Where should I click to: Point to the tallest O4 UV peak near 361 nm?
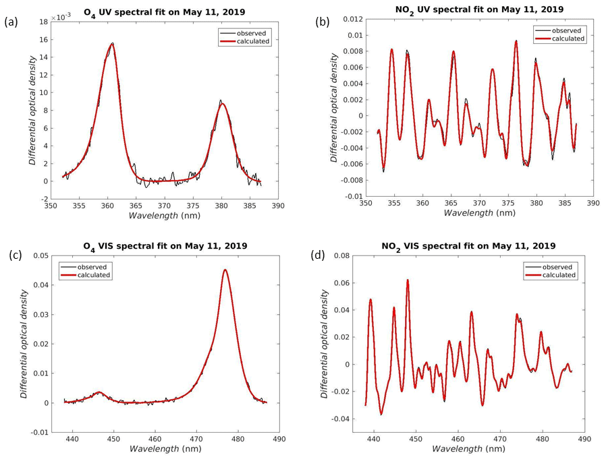111,44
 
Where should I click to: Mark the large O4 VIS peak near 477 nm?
225,270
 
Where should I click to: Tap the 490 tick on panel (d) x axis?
584,437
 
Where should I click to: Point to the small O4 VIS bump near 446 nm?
99,392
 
